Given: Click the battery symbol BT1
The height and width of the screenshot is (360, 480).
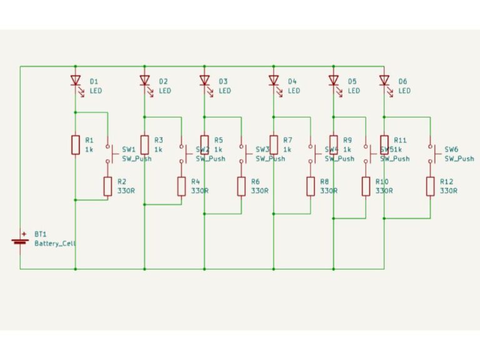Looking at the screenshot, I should pos(20,241).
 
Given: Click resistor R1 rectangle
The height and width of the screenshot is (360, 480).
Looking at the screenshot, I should pos(76,144).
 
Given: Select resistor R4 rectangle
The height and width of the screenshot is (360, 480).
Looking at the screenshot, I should pos(181,186).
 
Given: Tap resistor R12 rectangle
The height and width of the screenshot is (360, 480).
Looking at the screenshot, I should pos(430,186).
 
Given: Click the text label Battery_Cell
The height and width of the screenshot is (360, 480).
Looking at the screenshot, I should pos(55,244).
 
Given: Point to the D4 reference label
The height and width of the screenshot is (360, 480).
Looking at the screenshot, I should pos(292,81).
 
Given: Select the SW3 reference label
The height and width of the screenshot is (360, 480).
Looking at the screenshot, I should pos(262,150).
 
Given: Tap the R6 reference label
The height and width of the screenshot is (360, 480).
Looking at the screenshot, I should pos(255,182).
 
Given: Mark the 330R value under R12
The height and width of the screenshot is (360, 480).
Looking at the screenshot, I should pos(448,191).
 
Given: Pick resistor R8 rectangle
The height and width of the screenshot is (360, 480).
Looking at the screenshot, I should pos(310,186).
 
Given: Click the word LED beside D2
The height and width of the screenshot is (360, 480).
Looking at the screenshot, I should pos(164,91).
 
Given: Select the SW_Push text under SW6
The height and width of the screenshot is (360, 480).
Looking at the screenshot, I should pos(459,159).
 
